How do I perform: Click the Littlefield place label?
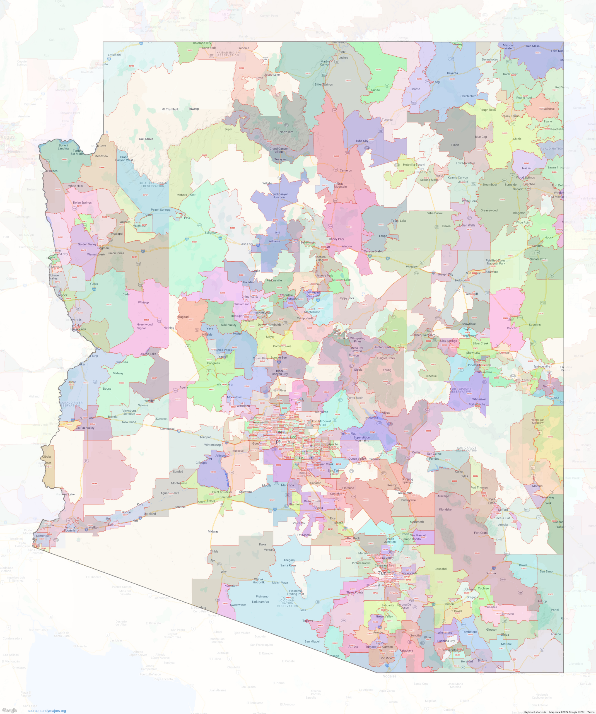[x=114, y=55]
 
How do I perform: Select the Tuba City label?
[x=362, y=141]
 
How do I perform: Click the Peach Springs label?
[x=160, y=209]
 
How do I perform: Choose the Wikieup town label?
[x=143, y=302]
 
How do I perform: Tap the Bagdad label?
[x=183, y=317]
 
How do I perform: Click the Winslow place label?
[x=412, y=267]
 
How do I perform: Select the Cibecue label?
[x=431, y=376]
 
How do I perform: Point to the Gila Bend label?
[x=226, y=497]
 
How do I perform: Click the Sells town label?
[x=303, y=610]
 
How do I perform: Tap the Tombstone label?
[x=470, y=632]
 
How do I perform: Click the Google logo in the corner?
[x=9, y=710]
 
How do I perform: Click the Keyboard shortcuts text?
[x=535, y=712]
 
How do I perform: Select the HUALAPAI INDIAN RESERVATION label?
[x=154, y=185]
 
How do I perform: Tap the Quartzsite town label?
[x=86, y=418]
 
